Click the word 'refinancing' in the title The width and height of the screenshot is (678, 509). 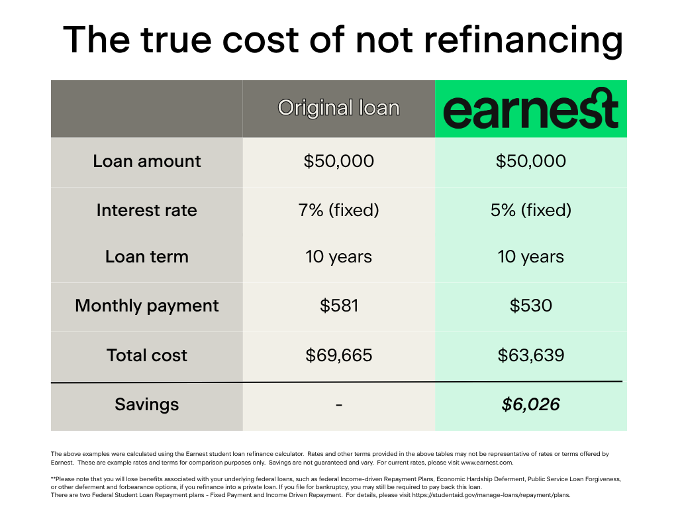tap(524, 40)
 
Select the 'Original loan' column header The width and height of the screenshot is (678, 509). tap(338, 108)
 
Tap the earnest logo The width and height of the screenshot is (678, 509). tap(531, 109)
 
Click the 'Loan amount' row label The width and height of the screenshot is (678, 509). tap(146, 161)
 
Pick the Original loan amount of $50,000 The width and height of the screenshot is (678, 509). tap(338, 161)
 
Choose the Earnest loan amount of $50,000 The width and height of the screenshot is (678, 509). tap(530, 161)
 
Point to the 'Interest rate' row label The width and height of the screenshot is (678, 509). tap(146, 210)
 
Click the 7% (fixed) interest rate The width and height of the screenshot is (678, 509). tap(338, 210)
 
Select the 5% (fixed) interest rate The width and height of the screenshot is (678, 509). tap(530, 210)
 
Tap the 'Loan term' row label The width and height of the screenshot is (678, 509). tap(146, 256)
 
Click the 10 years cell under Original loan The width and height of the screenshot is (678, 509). tap(338, 256)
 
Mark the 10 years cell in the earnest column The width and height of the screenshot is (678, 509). tap(530, 256)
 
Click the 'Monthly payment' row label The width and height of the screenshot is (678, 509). tap(146, 306)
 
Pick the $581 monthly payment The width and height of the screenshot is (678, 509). tap(339, 306)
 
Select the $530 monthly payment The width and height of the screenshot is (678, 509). tap(530, 306)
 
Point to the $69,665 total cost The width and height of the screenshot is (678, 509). tap(338, 355)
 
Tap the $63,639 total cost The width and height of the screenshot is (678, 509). tap(530, 355)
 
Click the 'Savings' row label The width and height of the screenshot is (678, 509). tap(146, 405)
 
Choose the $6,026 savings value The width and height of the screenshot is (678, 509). tap(530, 404)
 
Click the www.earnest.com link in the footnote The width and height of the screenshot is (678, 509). tap(487, 463)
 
